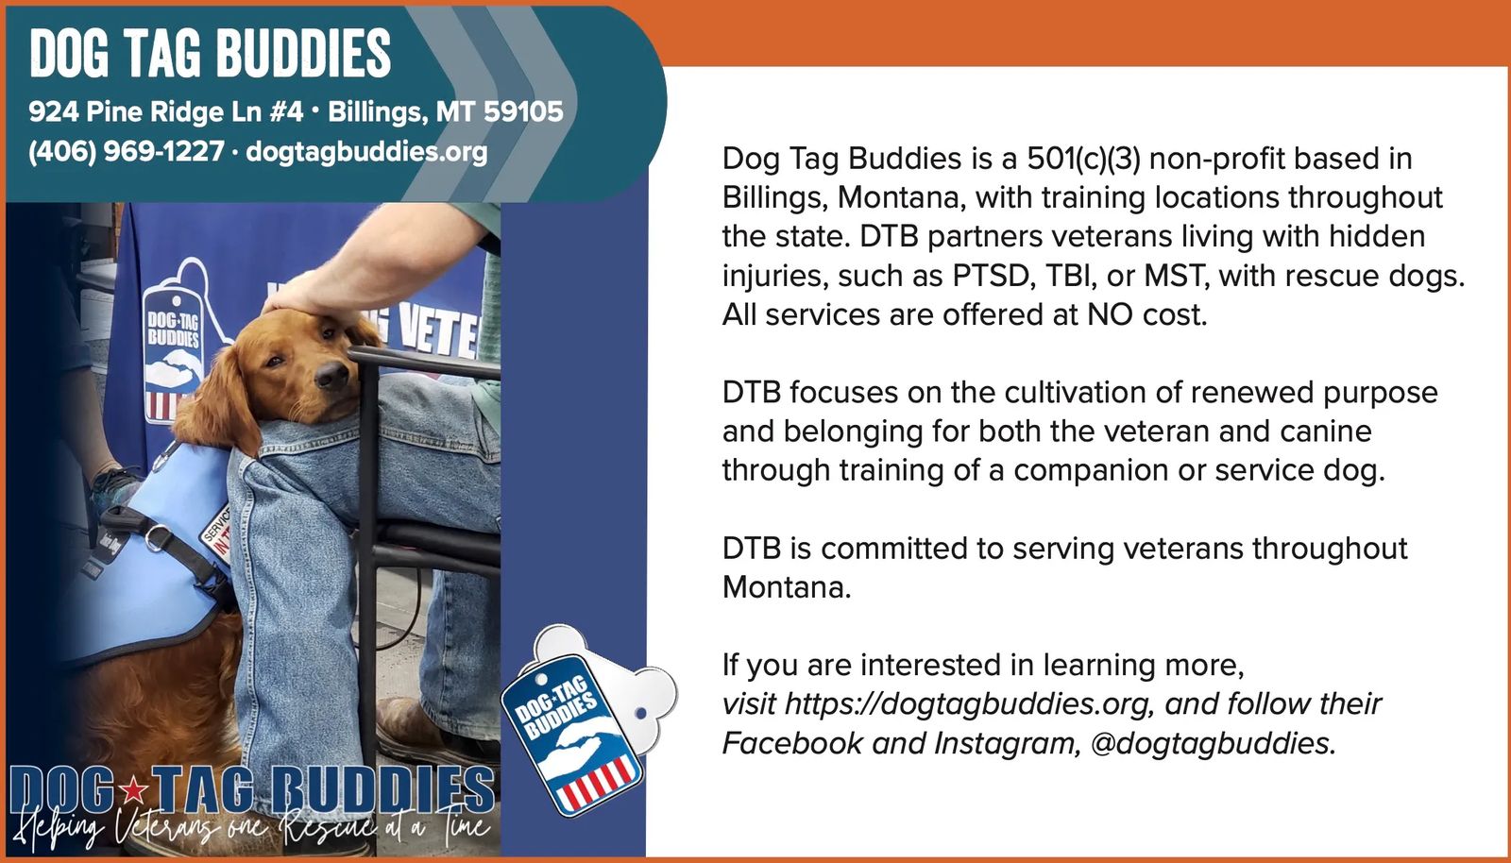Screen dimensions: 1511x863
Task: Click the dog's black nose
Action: [x=331, y=375]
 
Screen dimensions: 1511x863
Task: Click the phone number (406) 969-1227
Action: [x=127, y=151]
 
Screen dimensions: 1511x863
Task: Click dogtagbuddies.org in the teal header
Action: [x=366, y=152]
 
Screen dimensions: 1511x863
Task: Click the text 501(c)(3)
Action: [x=1083, y=160]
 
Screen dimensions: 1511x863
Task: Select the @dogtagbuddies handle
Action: [x=1213, y=744]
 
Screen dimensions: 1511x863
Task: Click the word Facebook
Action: [x=792, y=744]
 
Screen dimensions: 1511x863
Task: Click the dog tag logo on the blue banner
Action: [x=174, y=357]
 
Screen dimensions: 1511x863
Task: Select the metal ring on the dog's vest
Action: [x=157, y=538]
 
